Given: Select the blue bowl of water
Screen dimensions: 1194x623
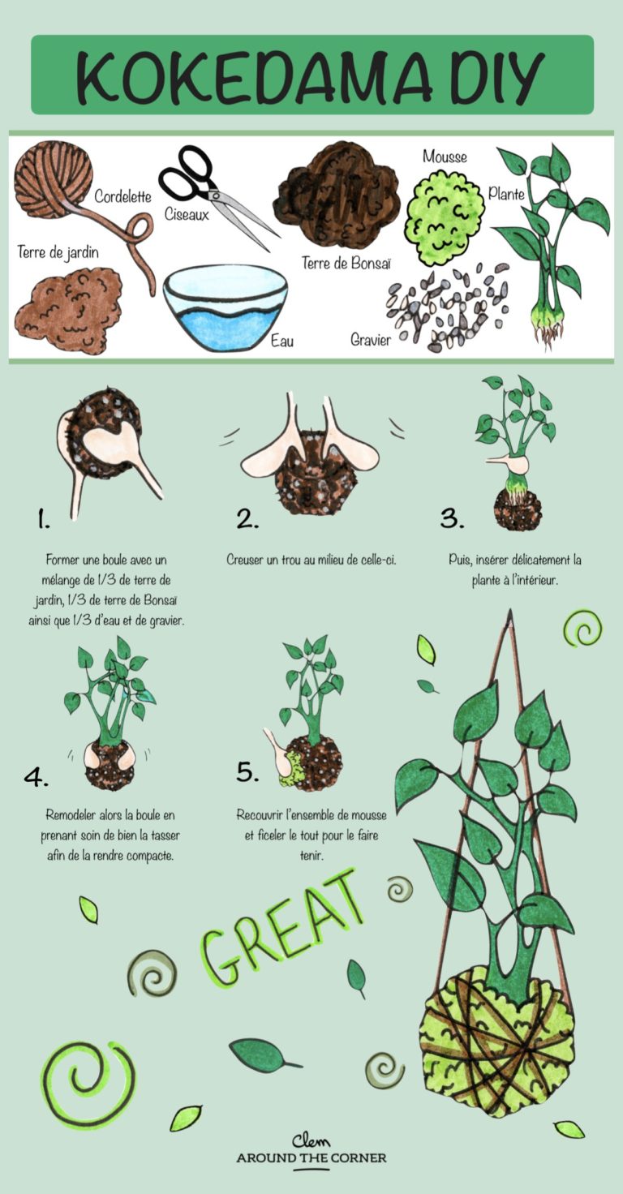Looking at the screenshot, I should [225, 307].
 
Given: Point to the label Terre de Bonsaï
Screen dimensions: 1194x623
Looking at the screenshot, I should [346, 263].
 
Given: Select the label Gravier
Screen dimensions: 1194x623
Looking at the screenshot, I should [371, 340].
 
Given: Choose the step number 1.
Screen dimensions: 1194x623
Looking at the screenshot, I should [43, 520].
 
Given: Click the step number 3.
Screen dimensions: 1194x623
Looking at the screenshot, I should [452, 518].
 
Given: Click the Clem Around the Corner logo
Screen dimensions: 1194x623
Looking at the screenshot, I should [311, 1149].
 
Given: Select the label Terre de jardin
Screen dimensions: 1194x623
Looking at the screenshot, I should [58, 252].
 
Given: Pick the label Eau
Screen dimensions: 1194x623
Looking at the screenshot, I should [282, 341].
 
